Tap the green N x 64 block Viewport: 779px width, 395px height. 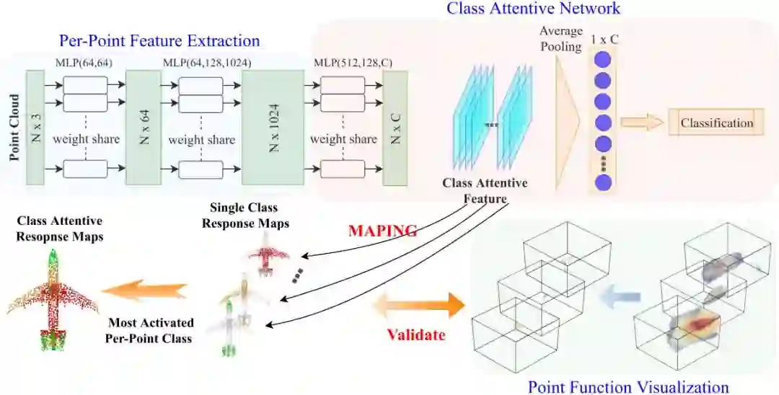(x=143, y=128)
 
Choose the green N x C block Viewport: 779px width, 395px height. (x=395, y=128)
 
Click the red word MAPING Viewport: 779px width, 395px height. (x=383, y=231)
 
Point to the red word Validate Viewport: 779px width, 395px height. (x=416, y=334)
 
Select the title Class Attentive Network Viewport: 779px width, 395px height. (x=533, y=9)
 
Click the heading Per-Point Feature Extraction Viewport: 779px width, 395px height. (x=159, y=40)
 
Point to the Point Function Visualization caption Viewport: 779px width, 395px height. (x=628, y=386)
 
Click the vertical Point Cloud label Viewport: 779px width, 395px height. (x=14, y=127)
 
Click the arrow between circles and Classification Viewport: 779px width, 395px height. (x=643, y=122)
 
